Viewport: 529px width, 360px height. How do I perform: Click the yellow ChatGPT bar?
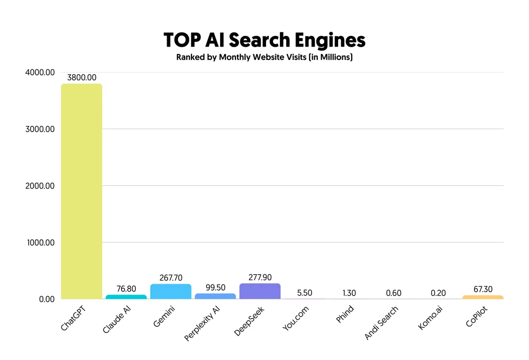81,191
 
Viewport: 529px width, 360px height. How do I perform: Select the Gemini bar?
170,292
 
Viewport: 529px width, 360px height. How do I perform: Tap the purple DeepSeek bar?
260,291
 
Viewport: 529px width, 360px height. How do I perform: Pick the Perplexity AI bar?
215,296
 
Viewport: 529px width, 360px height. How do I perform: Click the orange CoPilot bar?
482,298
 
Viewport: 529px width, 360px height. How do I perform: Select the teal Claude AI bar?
126,297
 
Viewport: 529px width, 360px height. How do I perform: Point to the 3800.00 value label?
81,78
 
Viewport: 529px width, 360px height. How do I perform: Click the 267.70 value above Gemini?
170,278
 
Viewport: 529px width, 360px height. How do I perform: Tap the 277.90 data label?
260,277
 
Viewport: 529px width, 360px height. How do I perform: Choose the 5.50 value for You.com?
304,293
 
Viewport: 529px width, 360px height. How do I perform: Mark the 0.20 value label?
438,293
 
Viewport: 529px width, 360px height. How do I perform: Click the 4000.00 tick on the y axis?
40,73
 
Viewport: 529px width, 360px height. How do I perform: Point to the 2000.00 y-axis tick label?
40,186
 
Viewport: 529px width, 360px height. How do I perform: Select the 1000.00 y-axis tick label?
40,242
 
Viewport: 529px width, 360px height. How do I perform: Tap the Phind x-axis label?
344,316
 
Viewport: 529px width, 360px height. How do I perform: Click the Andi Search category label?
382,323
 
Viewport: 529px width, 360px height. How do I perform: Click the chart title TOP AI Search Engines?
264,41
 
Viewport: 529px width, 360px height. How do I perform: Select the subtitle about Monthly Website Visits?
264,57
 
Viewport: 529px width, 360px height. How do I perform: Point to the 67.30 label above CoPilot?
482,289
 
